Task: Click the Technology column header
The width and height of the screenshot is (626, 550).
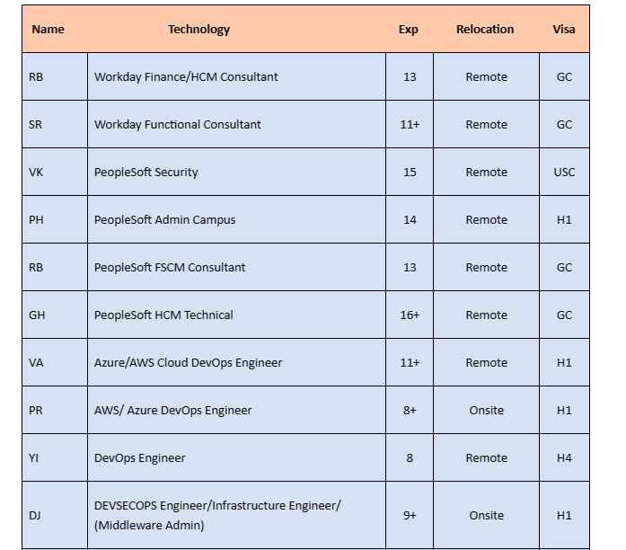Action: (x=198, y=29)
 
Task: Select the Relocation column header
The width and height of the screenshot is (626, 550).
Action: (x=485, y=29)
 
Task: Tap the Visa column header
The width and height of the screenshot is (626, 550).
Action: (x=564, y=29)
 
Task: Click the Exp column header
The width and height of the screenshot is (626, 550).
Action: (x=409, y=29)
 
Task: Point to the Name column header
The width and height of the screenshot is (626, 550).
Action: (x=48, y=29)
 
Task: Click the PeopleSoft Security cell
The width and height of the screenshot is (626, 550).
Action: (x=146, y=172)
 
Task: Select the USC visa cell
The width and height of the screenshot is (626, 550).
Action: (x=564, y=172)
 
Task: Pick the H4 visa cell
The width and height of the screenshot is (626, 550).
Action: (x=564, y=457)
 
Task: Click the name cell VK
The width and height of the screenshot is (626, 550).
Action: (x=36, y=172)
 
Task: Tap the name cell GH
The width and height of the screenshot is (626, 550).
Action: (x=37, y=315)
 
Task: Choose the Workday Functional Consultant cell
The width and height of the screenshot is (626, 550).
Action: (x=178, y=124)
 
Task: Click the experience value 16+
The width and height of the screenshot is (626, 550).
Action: (x=410, y=315)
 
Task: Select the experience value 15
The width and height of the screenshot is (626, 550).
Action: (x=410, y=172)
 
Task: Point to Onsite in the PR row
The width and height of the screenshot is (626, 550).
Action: (x=486, y=410)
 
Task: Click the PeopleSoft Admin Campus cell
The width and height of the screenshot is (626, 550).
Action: (x=165, y=219)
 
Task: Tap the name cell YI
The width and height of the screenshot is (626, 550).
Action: (x=34, y=457)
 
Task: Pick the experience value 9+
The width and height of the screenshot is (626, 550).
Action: (x=410, y=515)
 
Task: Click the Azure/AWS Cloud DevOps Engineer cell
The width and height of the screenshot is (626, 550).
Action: (x=189, y=362)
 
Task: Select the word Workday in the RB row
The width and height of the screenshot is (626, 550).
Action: (x=118, y=76)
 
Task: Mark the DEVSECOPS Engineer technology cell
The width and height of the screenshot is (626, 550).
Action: (x=217, y=515)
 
